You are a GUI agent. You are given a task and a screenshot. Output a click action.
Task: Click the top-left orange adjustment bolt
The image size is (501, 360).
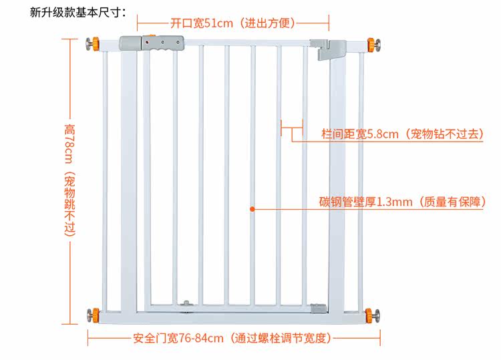(x=91, y=45)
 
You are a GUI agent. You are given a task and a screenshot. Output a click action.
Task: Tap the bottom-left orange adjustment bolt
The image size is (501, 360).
(x=92, y=313)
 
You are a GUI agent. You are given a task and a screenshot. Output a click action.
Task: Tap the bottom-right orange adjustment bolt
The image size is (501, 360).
(x=371, y=314)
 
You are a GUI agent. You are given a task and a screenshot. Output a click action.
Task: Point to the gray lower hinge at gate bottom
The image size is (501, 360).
(x=319, y=308)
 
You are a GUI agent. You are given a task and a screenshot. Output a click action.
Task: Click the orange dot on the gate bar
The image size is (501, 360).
(x=252, y=209)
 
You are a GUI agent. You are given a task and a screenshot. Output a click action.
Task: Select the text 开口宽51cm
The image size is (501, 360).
(x=201, y=23)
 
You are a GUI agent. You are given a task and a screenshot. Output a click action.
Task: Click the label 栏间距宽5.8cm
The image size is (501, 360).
(x=361, y=134)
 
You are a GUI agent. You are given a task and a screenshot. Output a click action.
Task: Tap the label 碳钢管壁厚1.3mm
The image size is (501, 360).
(x=365, y=202)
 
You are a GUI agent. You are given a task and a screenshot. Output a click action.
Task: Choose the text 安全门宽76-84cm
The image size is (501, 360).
(x=178, y=338)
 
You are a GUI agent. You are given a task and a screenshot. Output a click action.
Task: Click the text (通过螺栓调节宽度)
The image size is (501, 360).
(x=279, y=338)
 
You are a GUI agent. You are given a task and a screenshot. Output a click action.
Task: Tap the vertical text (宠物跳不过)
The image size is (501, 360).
(x=70, y=204)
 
